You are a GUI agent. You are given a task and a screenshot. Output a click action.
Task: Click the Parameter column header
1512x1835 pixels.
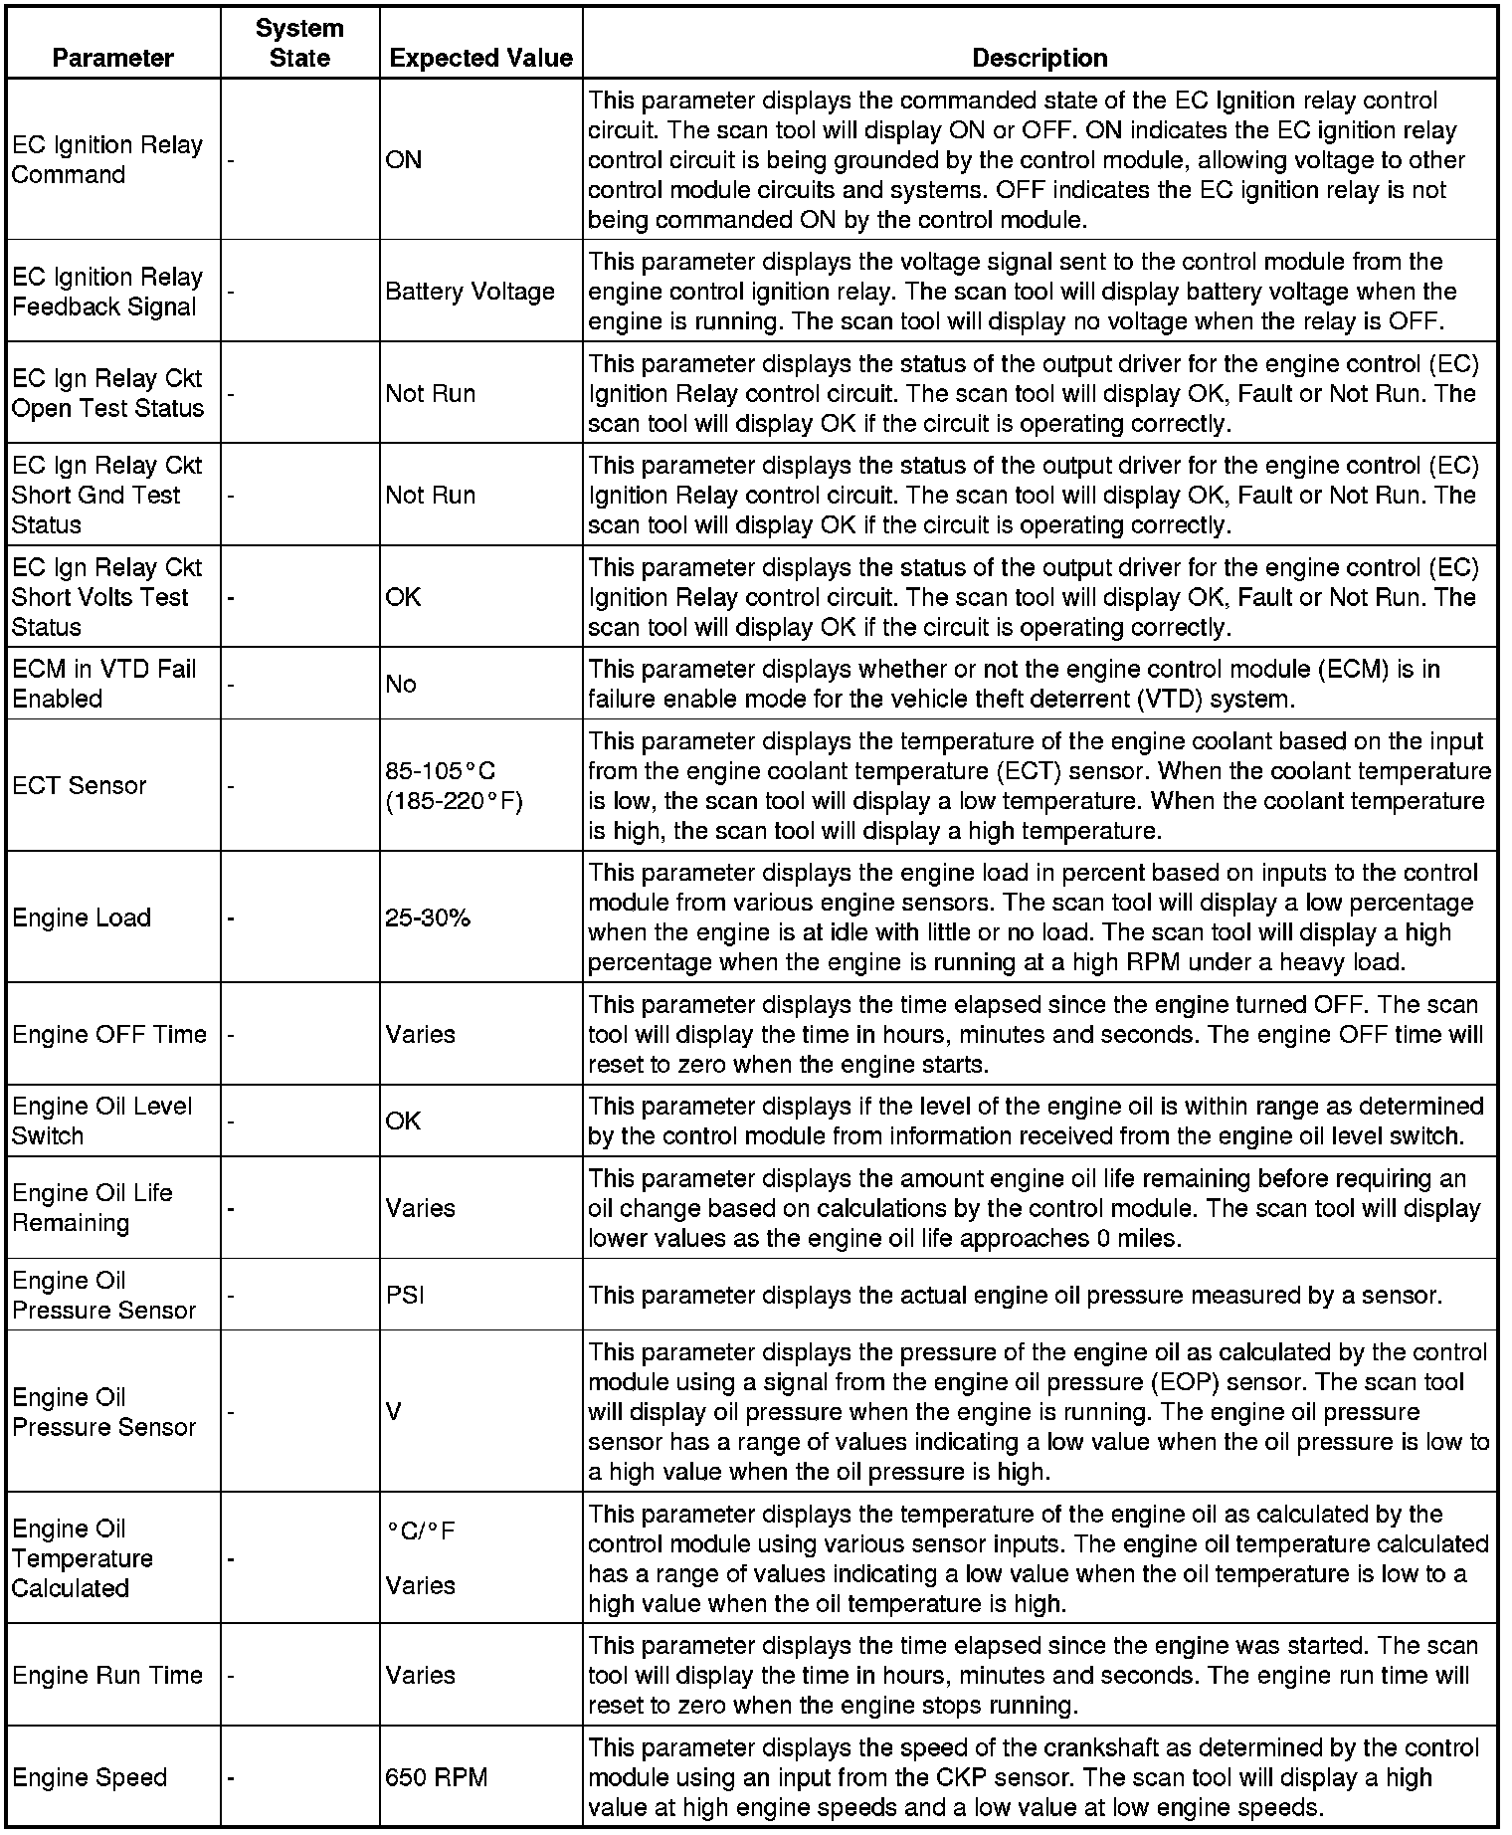coord(112,58)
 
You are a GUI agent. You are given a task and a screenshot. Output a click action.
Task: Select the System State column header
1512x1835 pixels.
coord(299,43)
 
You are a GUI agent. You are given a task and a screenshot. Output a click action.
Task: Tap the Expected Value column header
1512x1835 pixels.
coord(480,58)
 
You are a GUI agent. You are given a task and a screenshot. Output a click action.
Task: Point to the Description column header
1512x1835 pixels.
coord(1039,58)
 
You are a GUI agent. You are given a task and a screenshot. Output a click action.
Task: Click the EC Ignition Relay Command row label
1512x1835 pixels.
coord(107,159)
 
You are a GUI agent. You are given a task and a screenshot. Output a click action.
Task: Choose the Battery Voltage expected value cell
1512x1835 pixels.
coord(470,292)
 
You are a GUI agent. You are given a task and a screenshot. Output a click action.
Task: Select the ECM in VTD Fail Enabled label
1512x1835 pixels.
coord(103,684)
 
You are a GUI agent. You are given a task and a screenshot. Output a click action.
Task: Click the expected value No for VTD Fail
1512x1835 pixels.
coord(401,684)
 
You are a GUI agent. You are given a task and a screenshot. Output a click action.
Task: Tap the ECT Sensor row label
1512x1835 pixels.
coord(80,785)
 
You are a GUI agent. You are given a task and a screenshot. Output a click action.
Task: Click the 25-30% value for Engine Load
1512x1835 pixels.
coord(428,917)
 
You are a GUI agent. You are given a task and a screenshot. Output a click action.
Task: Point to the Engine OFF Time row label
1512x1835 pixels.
coord(109,1034)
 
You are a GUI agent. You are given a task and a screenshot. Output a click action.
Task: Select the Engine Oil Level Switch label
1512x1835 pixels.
coord(102,1121)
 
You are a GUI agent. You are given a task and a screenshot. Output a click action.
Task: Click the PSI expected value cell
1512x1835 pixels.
coord(405,1295)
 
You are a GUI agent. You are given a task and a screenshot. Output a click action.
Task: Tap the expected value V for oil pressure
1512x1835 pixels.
coord(394,1411)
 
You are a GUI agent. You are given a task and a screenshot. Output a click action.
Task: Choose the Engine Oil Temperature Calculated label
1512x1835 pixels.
coord(83,1557)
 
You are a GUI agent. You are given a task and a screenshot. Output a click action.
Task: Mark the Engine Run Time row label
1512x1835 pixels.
coord(107,1675)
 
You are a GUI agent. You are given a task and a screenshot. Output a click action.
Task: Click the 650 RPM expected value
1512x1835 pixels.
coord(437,1777)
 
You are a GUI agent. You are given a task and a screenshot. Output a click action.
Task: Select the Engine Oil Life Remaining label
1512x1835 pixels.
coord(93,1207)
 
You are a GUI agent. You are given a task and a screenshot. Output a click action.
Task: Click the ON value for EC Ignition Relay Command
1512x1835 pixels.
coord(403,159)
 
